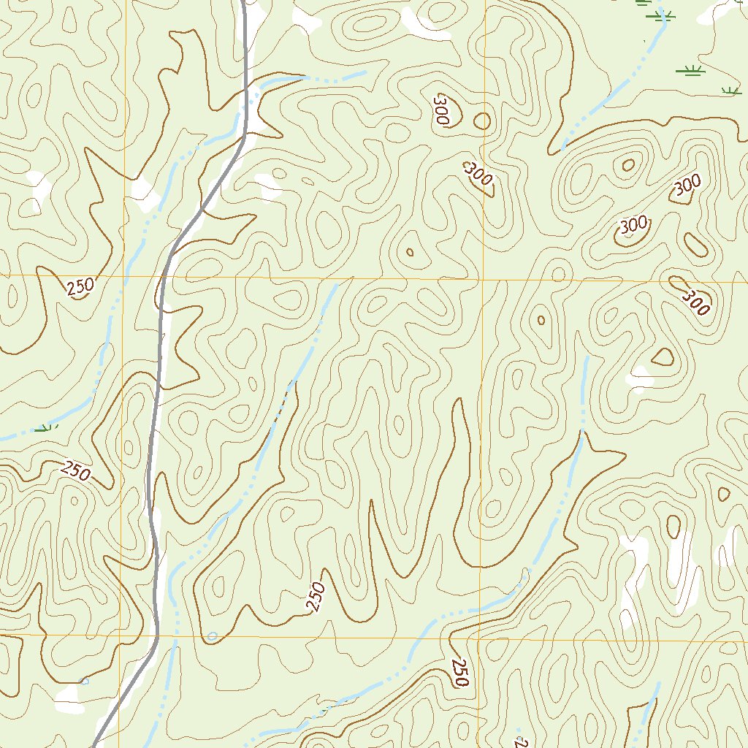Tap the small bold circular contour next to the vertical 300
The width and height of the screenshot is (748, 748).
(x=482, y=121)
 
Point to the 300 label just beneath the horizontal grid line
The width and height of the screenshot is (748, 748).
(x=695, y=302)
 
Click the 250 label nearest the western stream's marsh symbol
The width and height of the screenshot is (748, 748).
(x=76, y=472)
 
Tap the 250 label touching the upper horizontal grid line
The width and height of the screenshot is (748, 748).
(x=80, y=286)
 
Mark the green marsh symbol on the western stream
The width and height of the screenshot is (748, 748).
(x=45, y=427)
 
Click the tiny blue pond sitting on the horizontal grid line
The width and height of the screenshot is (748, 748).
(x=212, y=636)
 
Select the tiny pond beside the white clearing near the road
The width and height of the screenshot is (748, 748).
(x=84, y=682)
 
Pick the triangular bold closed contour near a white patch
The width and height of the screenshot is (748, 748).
(x=662, y=356)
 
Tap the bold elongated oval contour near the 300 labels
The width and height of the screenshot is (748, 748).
(x=695, y=245)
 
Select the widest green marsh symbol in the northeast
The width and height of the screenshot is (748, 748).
(x=690, y=70)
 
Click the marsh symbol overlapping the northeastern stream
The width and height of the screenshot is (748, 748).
(x=663, y=16)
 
